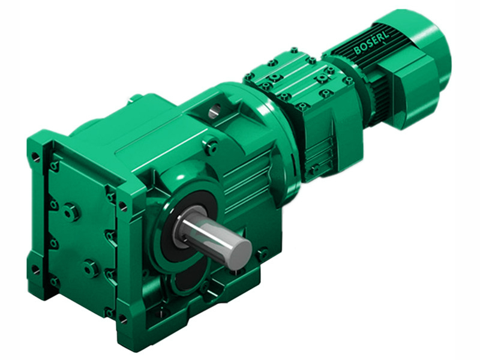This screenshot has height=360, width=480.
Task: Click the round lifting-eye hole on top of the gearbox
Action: pos(215,110)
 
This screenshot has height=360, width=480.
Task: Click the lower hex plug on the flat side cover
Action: pos(91,268)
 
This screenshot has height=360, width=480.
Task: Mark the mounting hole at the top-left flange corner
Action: pos(37,158)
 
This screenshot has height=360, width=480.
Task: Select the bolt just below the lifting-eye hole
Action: pos(211,145)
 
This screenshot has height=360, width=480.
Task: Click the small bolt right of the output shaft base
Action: pos(262,254)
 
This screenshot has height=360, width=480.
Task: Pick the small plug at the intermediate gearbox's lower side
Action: pos(311,170)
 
